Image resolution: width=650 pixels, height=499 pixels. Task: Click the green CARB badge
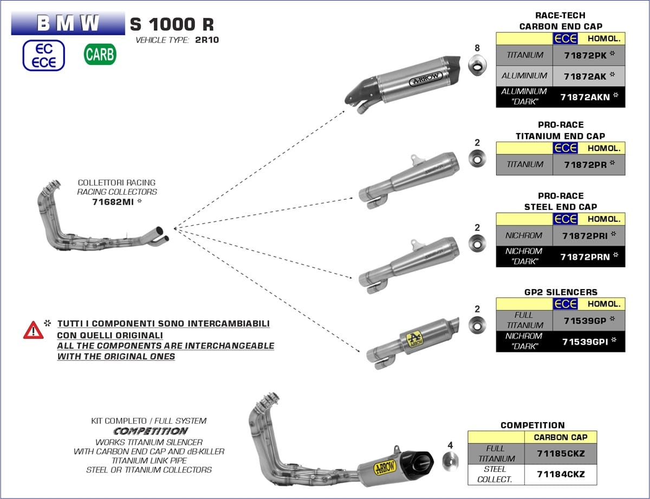100,55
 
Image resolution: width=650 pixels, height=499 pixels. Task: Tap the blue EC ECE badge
43,55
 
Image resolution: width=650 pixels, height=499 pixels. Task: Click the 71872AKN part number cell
585,97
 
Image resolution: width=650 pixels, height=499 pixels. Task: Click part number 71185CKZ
560,454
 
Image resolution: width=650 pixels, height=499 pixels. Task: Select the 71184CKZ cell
560,475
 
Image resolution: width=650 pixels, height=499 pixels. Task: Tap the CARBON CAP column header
561,437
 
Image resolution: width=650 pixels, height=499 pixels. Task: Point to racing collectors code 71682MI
113,202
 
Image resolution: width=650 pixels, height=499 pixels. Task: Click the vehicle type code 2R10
206,40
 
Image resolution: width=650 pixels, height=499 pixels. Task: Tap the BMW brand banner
68,23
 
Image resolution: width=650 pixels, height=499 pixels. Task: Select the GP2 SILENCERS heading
560,292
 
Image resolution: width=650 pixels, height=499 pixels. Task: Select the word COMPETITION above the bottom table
532,425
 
